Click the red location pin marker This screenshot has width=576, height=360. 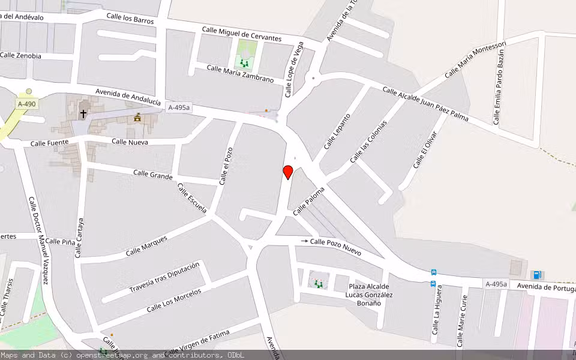(x=288, y=172)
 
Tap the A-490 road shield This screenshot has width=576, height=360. (x=26, y=104)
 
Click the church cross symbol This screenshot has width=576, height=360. (x=83, y=112)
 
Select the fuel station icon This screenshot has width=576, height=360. (x=537, y=275)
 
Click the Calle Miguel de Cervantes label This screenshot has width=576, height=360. (x=242, y=34)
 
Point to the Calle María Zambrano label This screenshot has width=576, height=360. (x=240, y=74)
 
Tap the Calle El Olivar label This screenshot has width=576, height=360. (x=425, y=149)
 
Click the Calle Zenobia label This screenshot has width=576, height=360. (x=20, y=55)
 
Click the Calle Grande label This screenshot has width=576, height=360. (x=152, y=175)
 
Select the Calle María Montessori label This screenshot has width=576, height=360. (x=475, y=60)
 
